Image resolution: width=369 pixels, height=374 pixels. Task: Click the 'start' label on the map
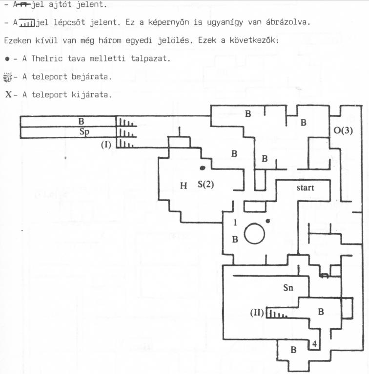click(x=305, y=187)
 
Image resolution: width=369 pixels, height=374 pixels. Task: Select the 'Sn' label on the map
click(x=288, y=288)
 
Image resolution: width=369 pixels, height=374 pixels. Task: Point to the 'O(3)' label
click(x=343, y=131)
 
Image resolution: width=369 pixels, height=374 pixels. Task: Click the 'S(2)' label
click(x=206, y=185)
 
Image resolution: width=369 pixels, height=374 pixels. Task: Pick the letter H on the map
click(x=184, y=186)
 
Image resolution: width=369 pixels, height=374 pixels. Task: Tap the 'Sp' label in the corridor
click(x=84, y=131)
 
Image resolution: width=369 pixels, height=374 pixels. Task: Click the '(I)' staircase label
click(x=106, y=145)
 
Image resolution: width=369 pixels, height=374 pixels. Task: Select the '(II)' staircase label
click(x=257, y=312)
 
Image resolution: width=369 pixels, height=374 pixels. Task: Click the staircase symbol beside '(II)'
click(x=277, y=314)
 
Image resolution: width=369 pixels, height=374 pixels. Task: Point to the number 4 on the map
click(x=314, y=344)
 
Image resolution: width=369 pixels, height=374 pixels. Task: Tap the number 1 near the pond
click(x=235, y=223)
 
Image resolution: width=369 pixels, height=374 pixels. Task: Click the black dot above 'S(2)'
click(x=203, y=168)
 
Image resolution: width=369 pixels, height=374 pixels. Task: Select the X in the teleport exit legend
click(x=8, y=94)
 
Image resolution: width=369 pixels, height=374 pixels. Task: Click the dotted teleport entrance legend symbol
click(x=8, y=77)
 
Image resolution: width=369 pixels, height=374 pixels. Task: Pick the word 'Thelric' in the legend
click(x=47, y=58)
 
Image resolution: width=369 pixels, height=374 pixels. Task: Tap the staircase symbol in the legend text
click(x=27, y=23)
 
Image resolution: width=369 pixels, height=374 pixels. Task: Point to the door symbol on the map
click(x=324, y=276)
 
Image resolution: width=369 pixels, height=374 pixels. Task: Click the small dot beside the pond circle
click(x=268, y=221)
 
